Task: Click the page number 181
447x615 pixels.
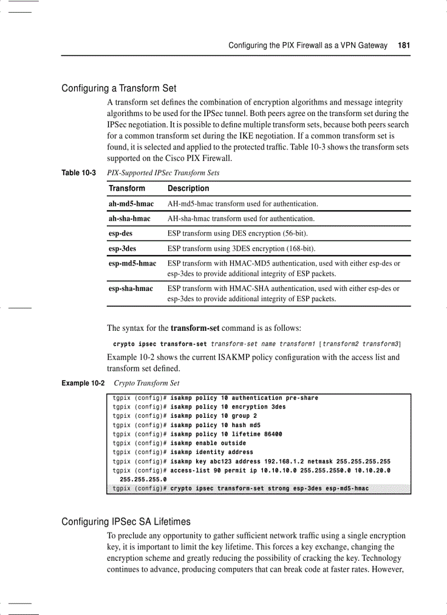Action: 404,45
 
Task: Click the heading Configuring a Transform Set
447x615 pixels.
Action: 119,88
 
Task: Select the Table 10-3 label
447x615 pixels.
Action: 78,173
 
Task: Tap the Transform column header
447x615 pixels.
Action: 127,188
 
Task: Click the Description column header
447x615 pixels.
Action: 188,188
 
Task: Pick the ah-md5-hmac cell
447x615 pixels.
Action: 131,204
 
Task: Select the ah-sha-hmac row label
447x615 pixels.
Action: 129,219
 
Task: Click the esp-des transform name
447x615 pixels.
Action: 121,233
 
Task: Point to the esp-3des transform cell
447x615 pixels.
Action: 122,249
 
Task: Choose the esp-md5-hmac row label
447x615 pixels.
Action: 132,263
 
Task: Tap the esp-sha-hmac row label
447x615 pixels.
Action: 130,288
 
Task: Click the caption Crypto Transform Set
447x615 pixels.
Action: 146,383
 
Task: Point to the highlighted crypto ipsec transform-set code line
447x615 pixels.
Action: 241,488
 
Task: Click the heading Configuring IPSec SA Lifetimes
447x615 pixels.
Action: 126,521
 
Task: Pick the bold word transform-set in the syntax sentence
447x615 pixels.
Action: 195,328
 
